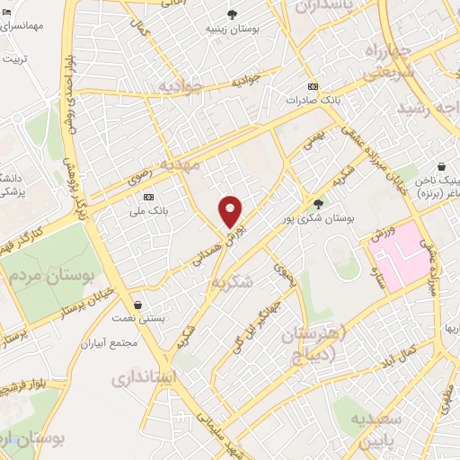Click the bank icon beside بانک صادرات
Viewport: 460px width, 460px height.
[312, 86]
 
